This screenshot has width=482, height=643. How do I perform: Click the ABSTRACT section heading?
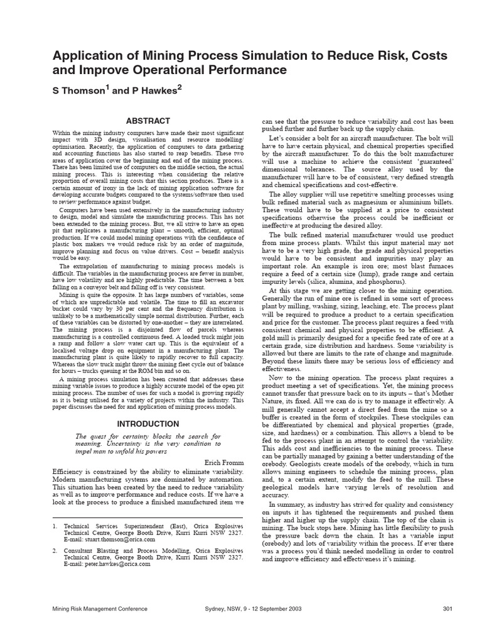pos(148,121)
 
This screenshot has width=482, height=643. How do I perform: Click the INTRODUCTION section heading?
pos(148,423)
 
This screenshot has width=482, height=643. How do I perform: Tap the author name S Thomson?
pos(80,90)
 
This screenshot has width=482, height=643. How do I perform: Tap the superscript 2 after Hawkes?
pos(179,87)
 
